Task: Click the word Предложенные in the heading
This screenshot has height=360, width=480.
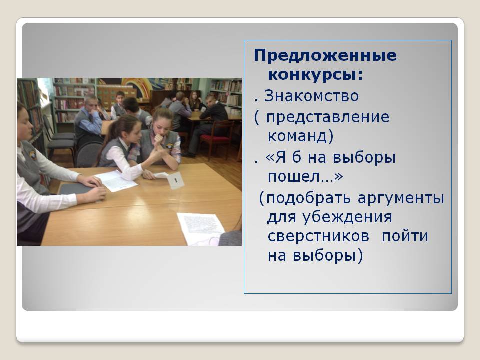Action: [x=325, y=56]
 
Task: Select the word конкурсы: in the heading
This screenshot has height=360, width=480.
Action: [x=315, y=74]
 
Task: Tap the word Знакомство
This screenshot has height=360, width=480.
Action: [x=311, y=96]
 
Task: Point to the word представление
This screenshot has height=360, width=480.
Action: [x=328, y=118]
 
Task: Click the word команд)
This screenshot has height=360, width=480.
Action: [x=300, y=136]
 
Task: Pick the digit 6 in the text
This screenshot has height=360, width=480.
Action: [x=296, y=157]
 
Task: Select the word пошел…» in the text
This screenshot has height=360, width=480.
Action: [x=305, y=176]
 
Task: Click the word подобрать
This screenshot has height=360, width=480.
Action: [x=308, y=198]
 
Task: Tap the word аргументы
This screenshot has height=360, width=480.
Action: [x=401, y=198]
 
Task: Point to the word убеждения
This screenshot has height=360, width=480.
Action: [x=347, y=217]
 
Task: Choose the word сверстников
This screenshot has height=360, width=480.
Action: [x=318, y=236]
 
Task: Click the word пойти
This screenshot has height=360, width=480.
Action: [x=405, y=236]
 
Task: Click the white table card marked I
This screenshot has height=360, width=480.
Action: [x=175, y=180]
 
